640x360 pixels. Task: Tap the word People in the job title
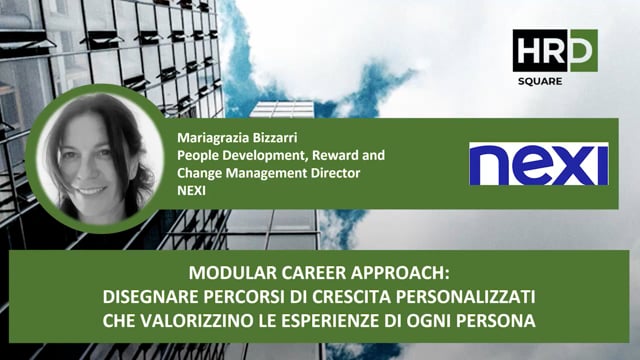click(x=196, y=156)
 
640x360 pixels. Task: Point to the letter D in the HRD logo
click(x=579, y=50)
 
